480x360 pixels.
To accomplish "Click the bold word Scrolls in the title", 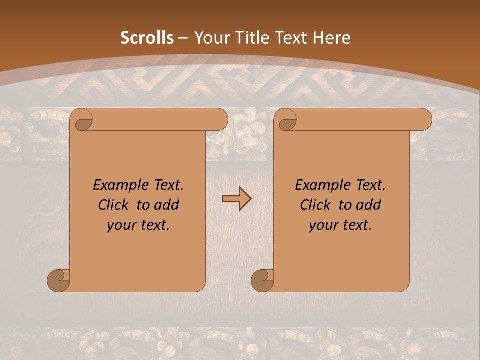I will (x=147, y=38).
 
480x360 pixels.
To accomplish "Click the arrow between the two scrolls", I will (x=236, y=199).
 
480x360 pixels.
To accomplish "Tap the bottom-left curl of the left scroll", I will (x=58, y=280).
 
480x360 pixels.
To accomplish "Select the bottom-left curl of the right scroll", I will (x=262, y=280).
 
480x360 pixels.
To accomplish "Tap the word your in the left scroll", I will (x=121, y=225).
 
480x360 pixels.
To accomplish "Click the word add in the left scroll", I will (x=167, y=205).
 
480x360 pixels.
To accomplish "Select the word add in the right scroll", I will (x=369, y=205).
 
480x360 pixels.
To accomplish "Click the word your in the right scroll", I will (x=323, y=225).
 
